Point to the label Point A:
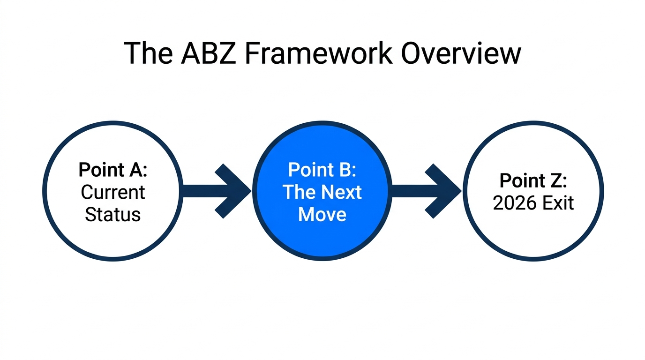coord(113,169)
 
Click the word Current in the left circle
coord(113,192)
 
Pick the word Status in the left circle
coord(113,214)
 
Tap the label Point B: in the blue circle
coord(322,169)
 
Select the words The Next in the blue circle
coord(322,192)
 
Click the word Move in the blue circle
coord(322,214)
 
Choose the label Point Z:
coord(533,180)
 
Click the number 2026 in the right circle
coord(514,203)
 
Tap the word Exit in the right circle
coord(557,203)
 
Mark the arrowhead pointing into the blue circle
coord(234,191)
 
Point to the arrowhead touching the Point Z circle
coord(445,191)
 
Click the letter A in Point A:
coord(135,169)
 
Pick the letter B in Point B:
coord(345,169)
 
